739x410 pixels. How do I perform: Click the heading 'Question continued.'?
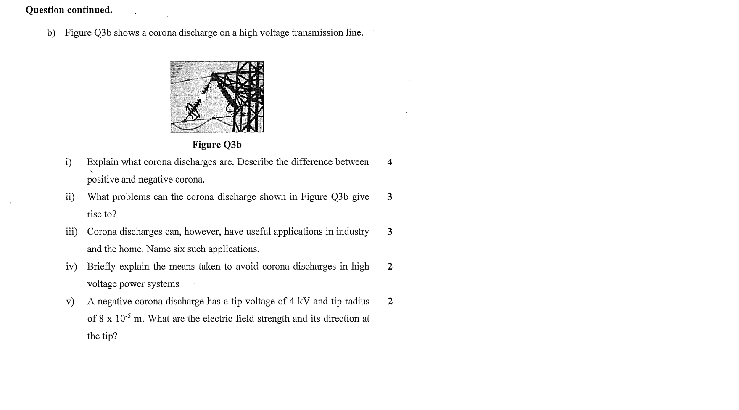(x=69, y=10)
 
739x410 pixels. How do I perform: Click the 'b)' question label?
(x=51, y=33)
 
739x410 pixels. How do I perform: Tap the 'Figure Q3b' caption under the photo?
(x=217, y=145)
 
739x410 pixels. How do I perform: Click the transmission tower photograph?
(x=217, y=97)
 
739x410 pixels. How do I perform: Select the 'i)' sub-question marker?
(x=69, y=162)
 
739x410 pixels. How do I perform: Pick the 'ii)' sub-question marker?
(x=70, y=197)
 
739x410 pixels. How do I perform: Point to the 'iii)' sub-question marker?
(x=71, y=232)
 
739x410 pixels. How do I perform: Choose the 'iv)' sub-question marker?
(x=71, y=267)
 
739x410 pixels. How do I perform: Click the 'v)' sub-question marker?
(x=70, y=302)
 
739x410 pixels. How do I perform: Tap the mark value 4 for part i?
(x=390, y=162)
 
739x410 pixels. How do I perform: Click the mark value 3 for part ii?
(x=390, y=197)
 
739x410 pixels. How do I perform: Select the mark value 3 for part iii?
(x=390, y=232)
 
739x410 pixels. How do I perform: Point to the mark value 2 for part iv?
(x=390, y=267)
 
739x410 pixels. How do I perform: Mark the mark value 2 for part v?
(x=390, y=302)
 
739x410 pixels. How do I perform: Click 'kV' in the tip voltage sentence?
(x=304, y=302)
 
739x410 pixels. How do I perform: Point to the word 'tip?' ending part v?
(x=110, y=336)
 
